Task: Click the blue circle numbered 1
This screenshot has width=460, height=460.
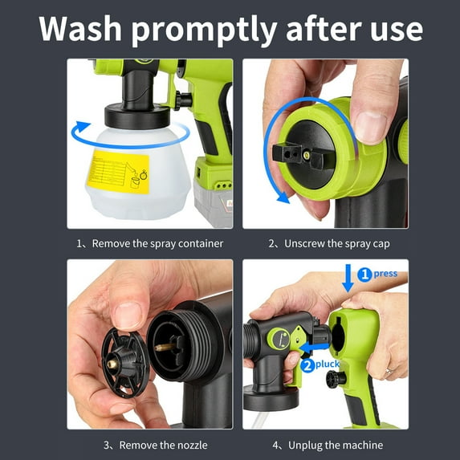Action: click(364, 274)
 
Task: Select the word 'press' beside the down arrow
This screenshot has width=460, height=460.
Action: click(385, 274)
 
